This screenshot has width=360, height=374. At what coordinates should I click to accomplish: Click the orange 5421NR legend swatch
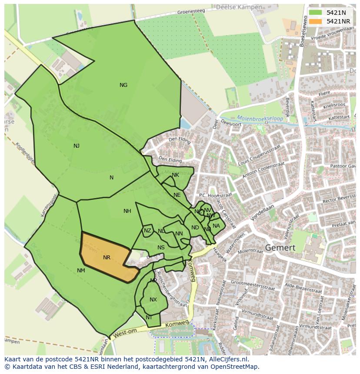[x=316, y=21]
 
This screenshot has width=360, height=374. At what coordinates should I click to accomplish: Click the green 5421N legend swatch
[x=316, y=13]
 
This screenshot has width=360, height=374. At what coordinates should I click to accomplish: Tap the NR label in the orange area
[x=107, y=258]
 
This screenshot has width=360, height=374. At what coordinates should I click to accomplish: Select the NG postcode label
[x=123, y=85]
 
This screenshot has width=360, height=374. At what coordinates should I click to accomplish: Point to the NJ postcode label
[x=77, y=146]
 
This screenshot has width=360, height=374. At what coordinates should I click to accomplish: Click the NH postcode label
[x=127, y=212]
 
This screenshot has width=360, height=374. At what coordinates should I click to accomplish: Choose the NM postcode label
[x=81, y=271]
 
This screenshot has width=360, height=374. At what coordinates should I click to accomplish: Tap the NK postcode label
[x=175, y=175]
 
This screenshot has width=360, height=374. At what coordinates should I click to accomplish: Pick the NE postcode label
[x=177, y=195]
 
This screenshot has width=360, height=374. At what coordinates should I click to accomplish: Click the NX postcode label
[x=153, y=300]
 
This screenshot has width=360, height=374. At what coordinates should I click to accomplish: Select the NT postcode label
[x=149, y=318]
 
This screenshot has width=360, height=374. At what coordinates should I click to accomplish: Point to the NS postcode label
[x=161, y=248]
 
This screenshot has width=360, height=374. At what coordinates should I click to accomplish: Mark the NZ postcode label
[x=147, y=231]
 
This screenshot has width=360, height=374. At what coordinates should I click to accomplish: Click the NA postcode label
[x=216, y=225]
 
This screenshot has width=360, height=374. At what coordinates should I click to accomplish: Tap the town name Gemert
[x=280, y=248]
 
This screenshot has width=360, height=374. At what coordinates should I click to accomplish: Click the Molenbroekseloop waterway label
[x=260, y=118]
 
